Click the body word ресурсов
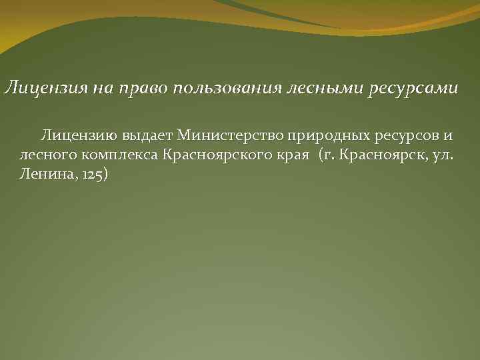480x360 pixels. pyautogui.click(x=403, y=137)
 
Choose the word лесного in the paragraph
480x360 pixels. pyautogui.click(x=42, y=155)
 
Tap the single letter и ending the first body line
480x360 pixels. pyautogui.click(x=448, y=137)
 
